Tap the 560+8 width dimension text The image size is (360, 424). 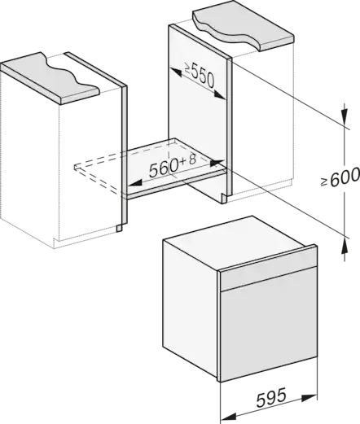click(173, 166)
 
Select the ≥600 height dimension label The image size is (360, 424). click(340, 177)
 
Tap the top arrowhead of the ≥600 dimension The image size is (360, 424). click(345, 117)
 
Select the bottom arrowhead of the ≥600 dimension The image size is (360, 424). click(345, 246)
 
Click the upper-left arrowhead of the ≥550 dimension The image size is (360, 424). click(176, 72)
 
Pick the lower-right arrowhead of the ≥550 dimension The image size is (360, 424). click(220, 94)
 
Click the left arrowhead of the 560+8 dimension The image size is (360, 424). click(135, 183)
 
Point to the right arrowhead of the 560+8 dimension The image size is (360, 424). click(217, 163)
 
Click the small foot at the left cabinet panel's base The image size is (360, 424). click(119, 228)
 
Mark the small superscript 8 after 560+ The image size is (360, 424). click(192, 160)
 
